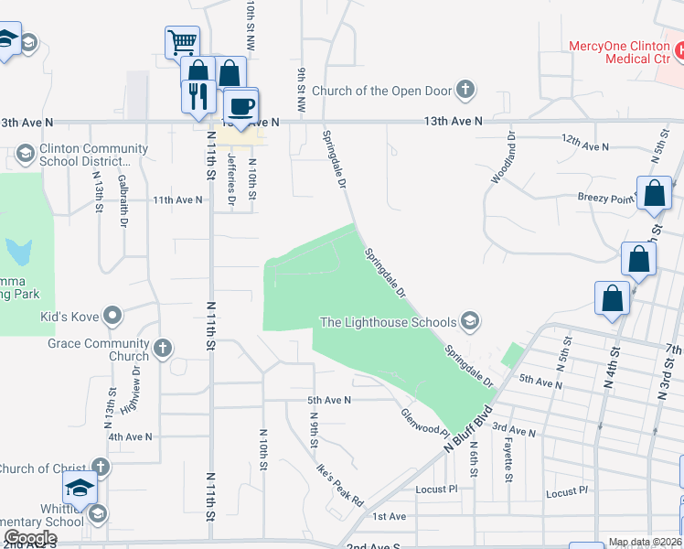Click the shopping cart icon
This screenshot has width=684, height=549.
click(x=182, y=41)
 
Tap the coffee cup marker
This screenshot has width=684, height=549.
click(x=241, y=106)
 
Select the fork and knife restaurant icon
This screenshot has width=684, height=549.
click(x=198, y=94)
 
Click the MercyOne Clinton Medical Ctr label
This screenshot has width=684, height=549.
click(x=620, y=52)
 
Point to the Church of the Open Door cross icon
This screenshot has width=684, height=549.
click(x=466, y=90)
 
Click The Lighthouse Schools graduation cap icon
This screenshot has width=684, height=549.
click(x=470, y=320)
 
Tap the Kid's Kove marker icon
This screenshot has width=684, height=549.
click(x=113, y=316)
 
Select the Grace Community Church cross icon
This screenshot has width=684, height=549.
click(x=163, y=348)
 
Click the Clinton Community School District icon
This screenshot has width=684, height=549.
click(x=26, y=152)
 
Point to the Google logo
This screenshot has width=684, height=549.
click(x=30, y=538)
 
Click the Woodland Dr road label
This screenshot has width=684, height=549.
click(x=504, y=157)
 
